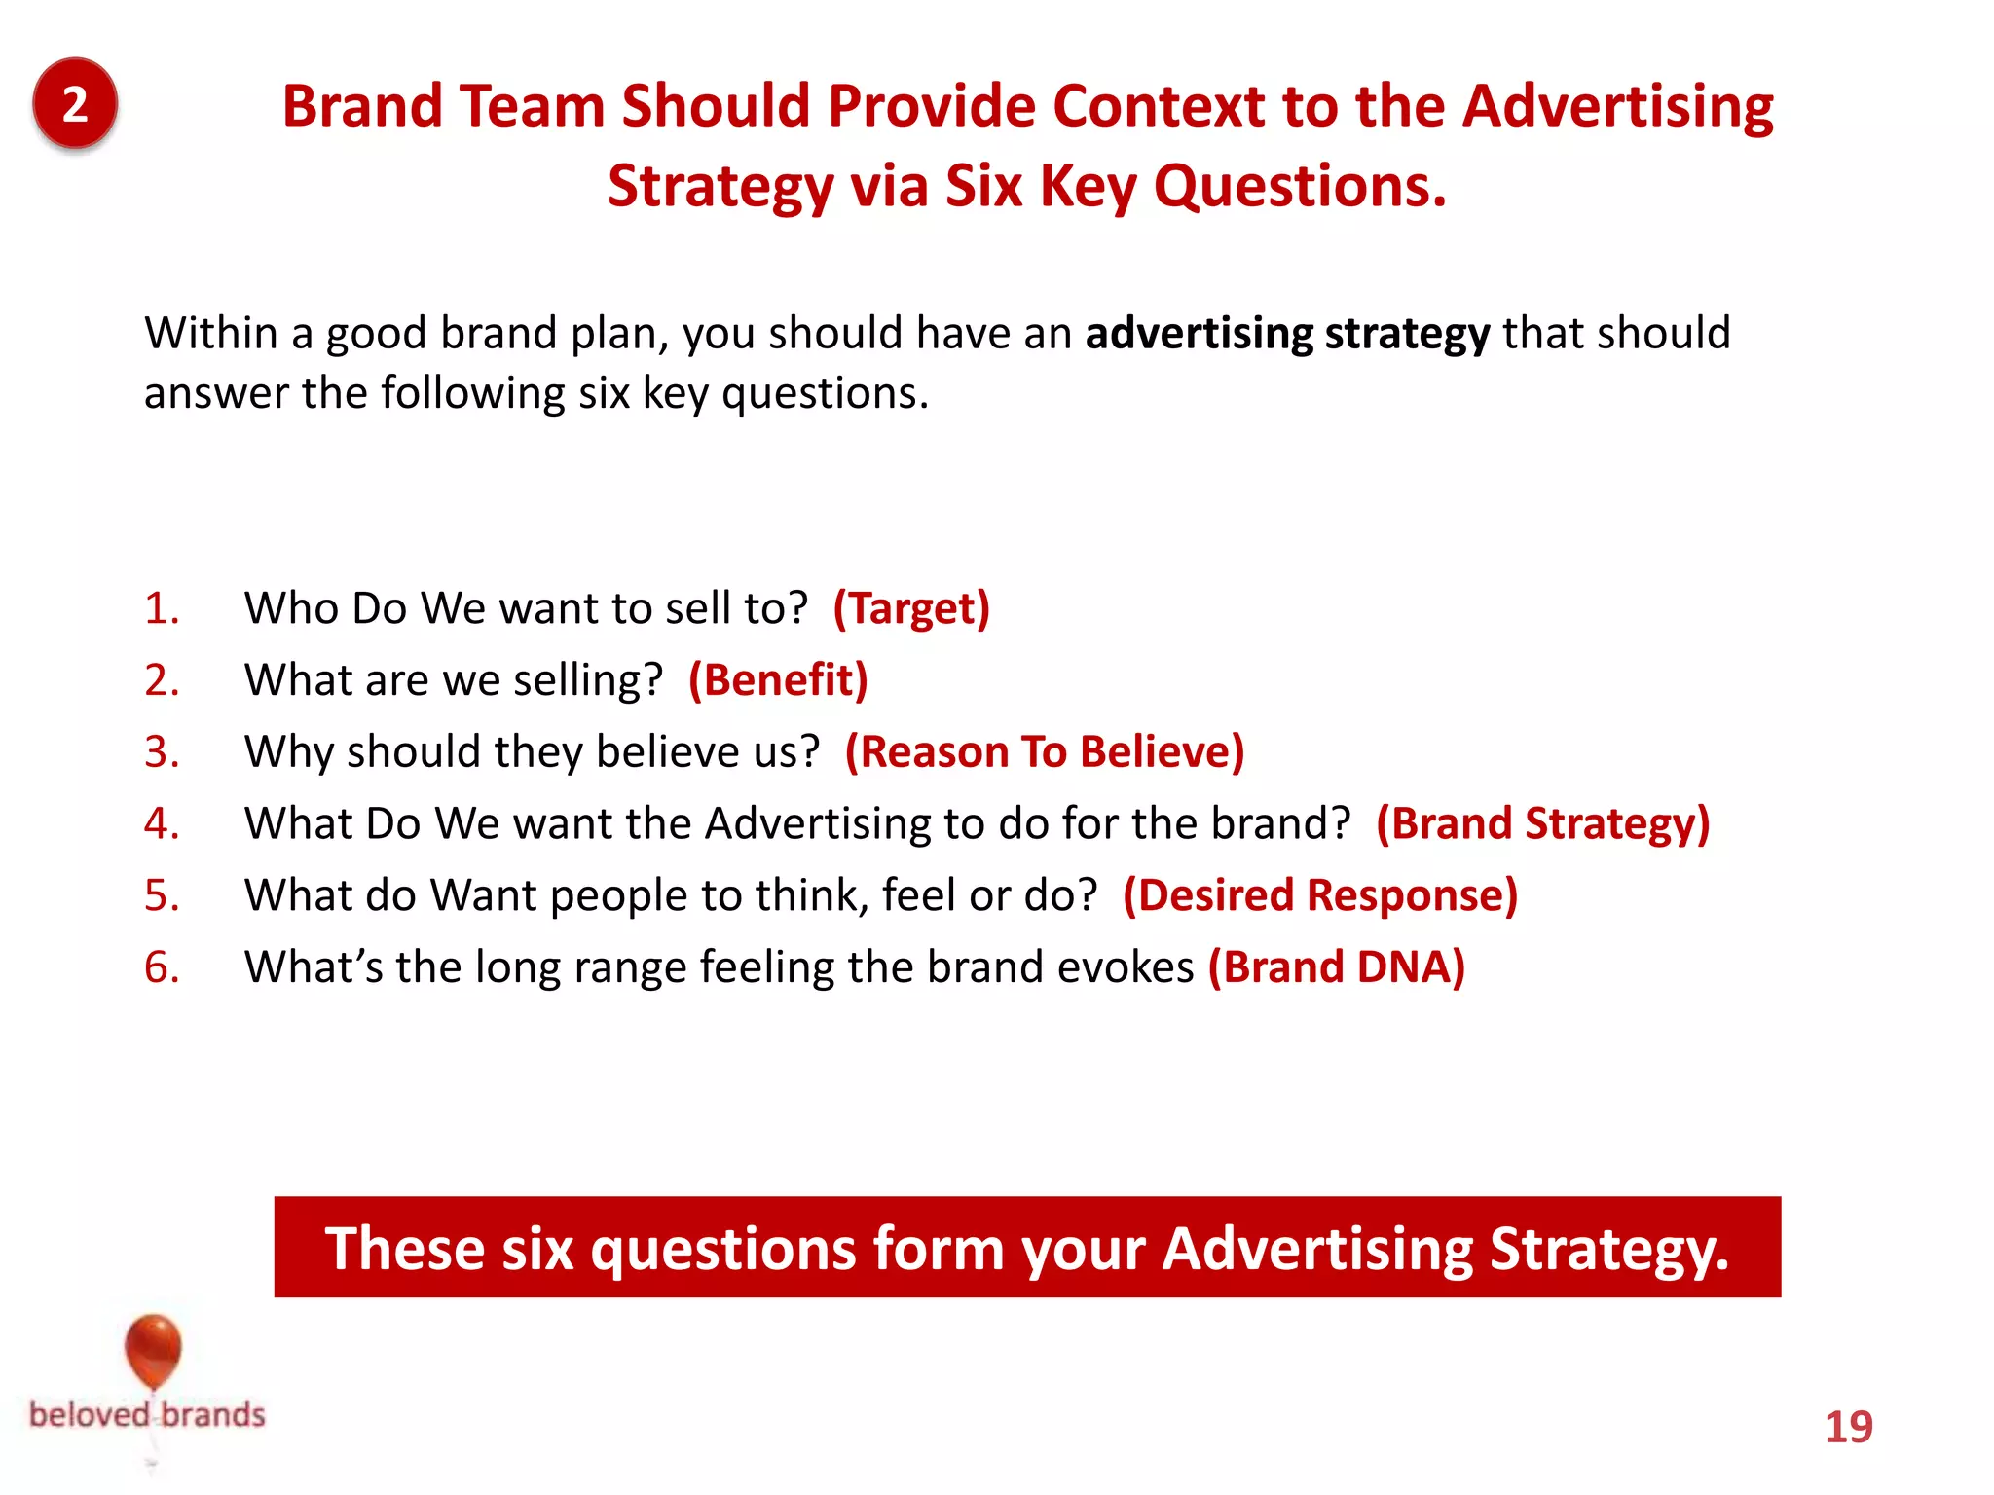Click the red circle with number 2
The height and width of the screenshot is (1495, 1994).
point(75,103)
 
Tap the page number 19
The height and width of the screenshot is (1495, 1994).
point(1848,1427)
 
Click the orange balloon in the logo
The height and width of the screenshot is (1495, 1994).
point(153,1349)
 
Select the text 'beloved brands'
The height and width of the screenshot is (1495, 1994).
point(147,1414)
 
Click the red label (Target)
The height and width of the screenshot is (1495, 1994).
point(911,608)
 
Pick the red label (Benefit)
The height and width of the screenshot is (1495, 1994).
point(777,680)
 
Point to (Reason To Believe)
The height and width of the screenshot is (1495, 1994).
point(1045,751)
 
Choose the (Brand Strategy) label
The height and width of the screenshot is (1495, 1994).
point(1542,823)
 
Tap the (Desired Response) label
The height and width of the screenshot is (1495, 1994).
point(1320,895)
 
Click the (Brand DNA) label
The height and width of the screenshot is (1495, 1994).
point(1336,967)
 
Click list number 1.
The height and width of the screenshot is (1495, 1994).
point(162,608)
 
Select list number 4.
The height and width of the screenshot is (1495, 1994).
point(162,823)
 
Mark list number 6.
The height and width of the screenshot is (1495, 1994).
point(162,967)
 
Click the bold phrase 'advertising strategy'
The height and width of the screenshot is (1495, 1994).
point(1287,334)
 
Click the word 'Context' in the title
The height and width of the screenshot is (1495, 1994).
point(1158,105)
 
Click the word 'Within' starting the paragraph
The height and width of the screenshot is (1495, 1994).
point(211,334)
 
